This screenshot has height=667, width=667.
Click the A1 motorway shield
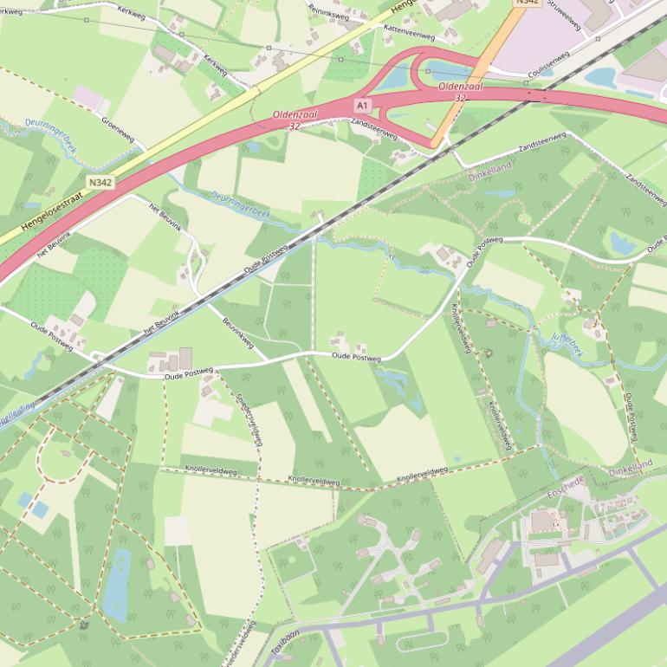(362, 106)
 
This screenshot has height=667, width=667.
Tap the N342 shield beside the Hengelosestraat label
(100, 183)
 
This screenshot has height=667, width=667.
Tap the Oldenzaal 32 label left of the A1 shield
(295, 120)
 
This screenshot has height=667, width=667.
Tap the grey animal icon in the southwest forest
(83, 625)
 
